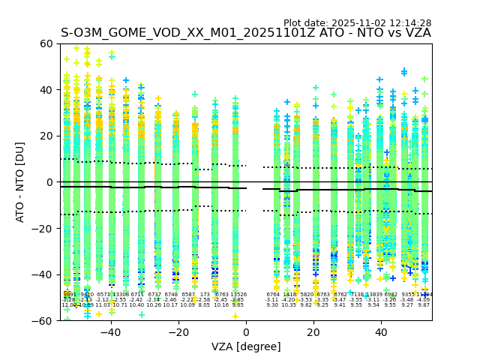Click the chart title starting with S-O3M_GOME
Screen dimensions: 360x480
246,33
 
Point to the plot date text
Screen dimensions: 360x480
357,23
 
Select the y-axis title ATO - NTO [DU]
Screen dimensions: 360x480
20,182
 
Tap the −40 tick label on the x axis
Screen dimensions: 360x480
110,331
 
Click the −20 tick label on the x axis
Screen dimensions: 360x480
178,331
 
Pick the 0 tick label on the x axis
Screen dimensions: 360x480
246,331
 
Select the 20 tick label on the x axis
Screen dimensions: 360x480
313,331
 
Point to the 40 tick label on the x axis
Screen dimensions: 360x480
381,331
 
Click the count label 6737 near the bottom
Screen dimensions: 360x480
154,295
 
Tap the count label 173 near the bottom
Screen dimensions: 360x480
205,295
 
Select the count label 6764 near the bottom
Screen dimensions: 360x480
273,295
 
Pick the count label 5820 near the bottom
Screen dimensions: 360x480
306,295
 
